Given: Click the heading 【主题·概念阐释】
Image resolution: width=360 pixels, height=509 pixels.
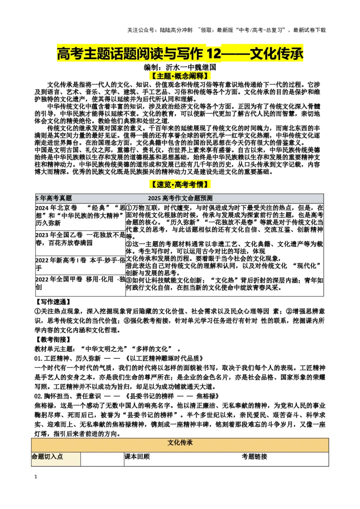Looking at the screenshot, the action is coord(180,76).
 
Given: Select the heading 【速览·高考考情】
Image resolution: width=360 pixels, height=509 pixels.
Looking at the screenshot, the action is coord(180,184).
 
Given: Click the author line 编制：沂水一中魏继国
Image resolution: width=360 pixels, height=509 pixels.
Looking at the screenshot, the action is coord(180,67).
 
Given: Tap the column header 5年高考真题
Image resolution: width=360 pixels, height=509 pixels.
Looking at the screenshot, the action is coord(54,198).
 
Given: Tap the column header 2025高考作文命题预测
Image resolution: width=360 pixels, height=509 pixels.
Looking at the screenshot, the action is coord(180,198).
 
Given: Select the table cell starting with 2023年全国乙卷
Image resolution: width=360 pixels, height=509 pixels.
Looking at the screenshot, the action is coord(81,243).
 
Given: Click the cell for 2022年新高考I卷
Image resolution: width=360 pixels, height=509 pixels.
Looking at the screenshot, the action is coord(81,265).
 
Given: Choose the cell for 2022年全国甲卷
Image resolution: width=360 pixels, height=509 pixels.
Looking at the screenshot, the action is coord(81,286).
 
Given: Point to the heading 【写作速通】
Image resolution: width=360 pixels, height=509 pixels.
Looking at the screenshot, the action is coord(53,302).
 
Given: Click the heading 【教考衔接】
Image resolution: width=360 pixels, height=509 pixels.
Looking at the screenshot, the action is coord(53,339).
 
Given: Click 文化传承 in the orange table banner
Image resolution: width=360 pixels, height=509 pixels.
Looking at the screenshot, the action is coord(180,443).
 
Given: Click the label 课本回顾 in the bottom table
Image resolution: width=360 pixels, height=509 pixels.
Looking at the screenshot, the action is coord(137,456).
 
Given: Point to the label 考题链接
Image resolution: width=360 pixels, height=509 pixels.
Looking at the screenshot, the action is coord(254,456).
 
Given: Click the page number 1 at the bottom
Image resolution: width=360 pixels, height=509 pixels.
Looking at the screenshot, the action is coord(36,477).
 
